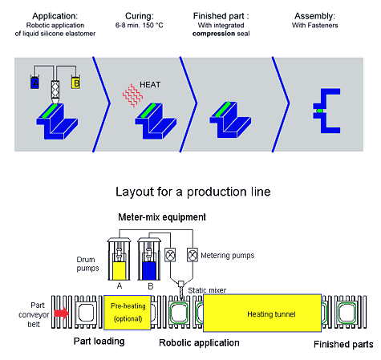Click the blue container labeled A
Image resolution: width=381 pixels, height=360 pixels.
pyautogui.click(x=34, y=83)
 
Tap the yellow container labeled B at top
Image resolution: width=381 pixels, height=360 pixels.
pyautogui.click(x=75, y=83)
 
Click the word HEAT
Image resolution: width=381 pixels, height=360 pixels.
pyautogui.click(x=150, y=85)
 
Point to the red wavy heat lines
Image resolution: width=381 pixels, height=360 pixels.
pyautogui.click(x=132, y=95)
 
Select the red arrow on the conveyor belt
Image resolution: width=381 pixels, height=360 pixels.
pyautogui.click(x=62, y=313)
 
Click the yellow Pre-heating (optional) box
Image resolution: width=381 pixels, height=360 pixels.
pyautogui.click(x=128, y=313)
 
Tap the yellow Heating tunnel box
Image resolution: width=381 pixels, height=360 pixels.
pyautogui.click(x=262, y=313)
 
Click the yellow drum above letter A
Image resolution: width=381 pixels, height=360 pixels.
pyautogui.click(x=120, y=271)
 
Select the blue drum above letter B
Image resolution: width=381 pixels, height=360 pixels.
pyautogui.click(x=149, y=271)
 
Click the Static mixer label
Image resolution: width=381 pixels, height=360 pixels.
pyautogui.click(x=207, y=290)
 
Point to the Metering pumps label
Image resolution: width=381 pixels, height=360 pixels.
pyautogui.click(x=228, y=256)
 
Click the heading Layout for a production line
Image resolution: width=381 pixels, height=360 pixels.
pyautogui.click(x=193, y=192)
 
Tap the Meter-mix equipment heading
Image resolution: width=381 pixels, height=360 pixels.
pyautogui.click(x=162, y=217)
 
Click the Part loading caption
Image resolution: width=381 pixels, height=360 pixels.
pyautogui.click(x=99, y=342)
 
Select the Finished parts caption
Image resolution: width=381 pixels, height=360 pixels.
pyautogui.click(x=343, y=344)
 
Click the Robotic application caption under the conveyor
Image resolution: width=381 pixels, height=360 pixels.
pyautogui.click(x=199, y=343)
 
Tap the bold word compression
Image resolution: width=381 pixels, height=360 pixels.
pyautogui.click(x=210, y=34)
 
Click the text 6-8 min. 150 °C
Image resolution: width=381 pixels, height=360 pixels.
pyautogui.click(x=140, y=26)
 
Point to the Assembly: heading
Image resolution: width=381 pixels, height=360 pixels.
pyautogui.click(x=314, y=16)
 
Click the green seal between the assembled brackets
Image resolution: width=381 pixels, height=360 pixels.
pyautogui.click(x=320, y=111)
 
